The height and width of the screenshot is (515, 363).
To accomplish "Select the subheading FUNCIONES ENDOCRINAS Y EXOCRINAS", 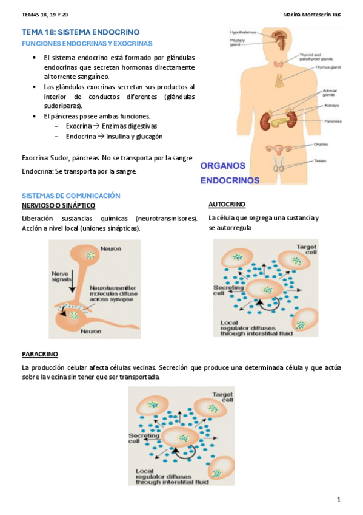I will (87, 44).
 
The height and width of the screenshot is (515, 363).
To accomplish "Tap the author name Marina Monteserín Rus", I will (311, 15).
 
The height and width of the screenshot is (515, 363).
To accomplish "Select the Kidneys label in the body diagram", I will (331, 106).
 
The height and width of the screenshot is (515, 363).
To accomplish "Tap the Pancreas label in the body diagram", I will (332, 121).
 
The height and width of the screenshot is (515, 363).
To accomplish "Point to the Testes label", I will (320, 160).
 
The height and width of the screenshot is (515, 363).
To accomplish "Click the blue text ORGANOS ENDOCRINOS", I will (230, 172).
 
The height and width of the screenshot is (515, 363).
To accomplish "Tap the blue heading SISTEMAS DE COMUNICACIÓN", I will (71, 196).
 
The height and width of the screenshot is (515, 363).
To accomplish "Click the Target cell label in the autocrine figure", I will (305, 250).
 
